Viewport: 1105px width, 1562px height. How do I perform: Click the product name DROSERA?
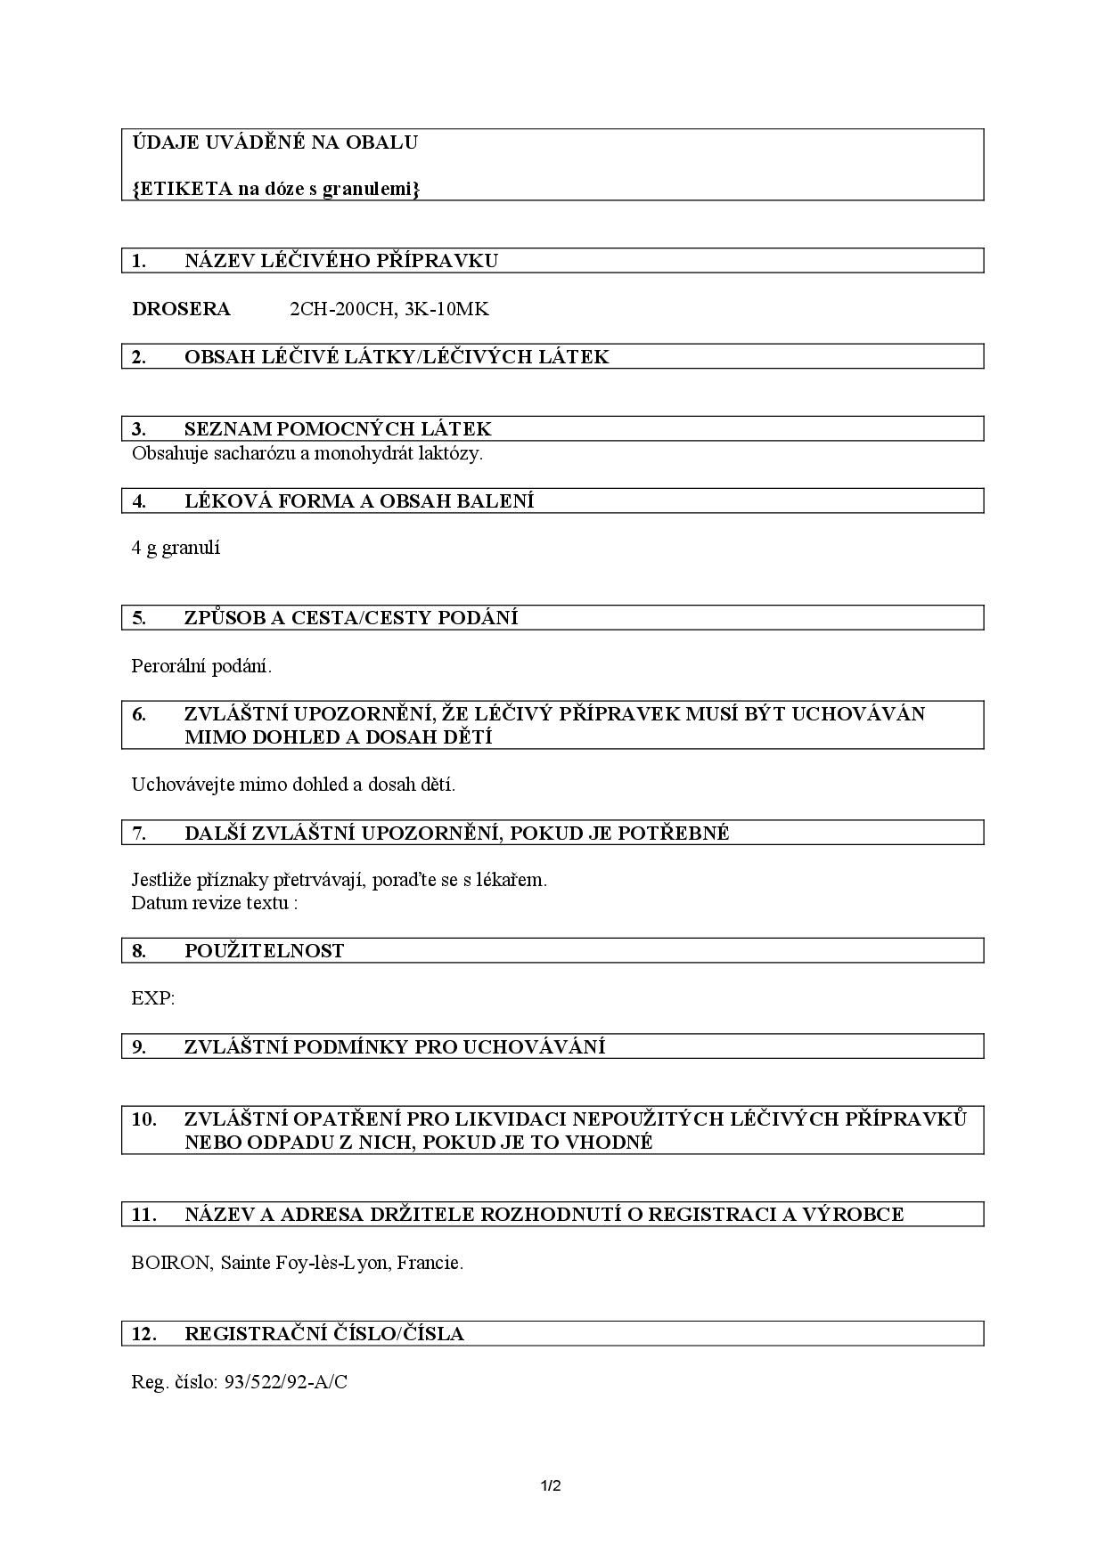point(181,309)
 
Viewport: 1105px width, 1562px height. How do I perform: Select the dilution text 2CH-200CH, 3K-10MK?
point(389,309)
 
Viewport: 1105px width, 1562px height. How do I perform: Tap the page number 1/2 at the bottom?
point(551,1485)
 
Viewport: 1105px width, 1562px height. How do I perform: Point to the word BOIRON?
point(170,1262)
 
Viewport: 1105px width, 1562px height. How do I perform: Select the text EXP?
point(153,998)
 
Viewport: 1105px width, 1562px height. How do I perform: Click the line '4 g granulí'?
point(176,548)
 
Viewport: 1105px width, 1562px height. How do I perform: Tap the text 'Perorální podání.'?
point(201,665)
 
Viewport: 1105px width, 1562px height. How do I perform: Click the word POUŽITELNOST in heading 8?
point(264,950)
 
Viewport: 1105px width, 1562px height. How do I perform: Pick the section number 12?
point(143,1333)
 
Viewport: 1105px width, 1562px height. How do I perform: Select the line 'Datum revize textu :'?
point(214,902)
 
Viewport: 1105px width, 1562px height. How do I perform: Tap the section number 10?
point(143,1119)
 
